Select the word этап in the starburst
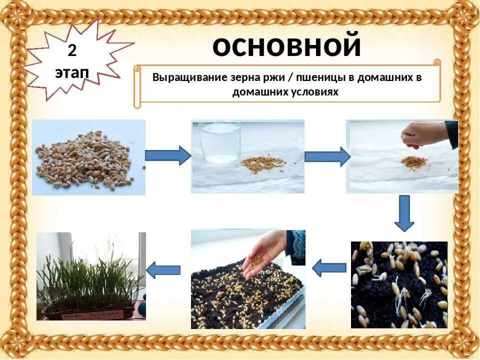[72, 73]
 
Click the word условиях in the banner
[313, 92]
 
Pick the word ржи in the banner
[275, 78]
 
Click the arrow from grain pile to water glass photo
[168, 156]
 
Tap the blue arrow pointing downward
[404, 213]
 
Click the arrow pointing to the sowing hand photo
[329, 268]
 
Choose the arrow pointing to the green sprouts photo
[163, 270]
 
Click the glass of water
[220, 142]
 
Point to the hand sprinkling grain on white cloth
[423, 134]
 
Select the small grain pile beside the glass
[262, 164]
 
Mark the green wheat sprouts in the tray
[85, 280]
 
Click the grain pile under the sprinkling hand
[413, 161]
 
